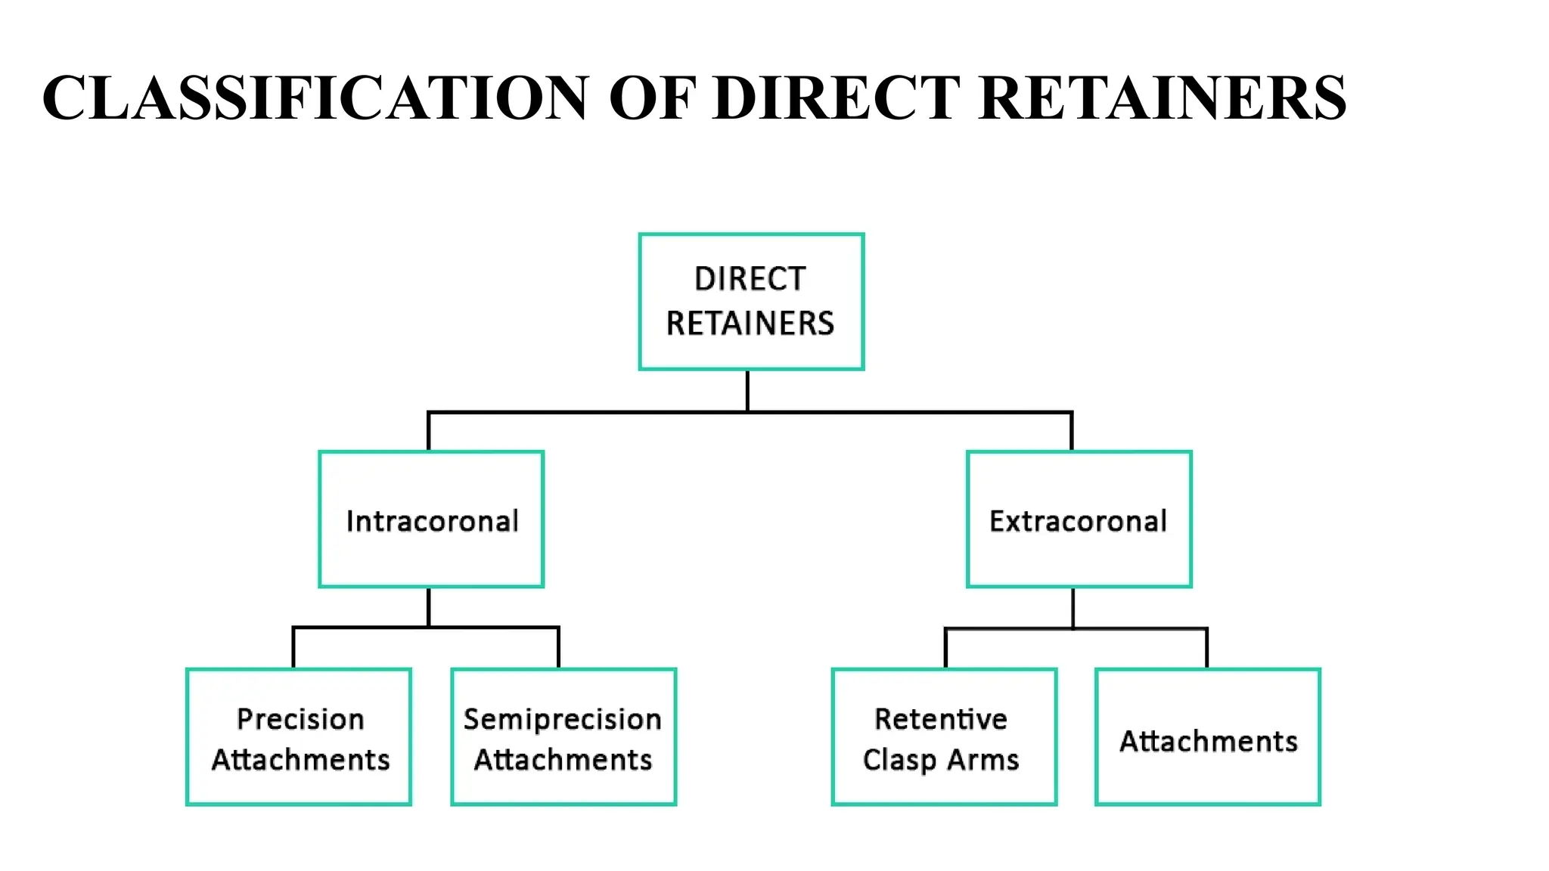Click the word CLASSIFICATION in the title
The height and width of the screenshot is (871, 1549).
tap(315, 98)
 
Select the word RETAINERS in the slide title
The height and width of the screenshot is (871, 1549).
tap(1163, 98)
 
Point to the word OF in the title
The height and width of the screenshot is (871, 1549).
tap(651, 98)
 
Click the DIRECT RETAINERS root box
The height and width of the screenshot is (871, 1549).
tap(751, 302)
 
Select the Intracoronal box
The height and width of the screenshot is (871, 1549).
tap(431, 519)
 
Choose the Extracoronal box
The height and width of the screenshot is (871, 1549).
tap(1079, 519)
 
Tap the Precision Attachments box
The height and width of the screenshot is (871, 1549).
tap(299, 736)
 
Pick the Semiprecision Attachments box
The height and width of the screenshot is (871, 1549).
tap(563, 736)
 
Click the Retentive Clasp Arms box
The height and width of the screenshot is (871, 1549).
tap(944, 736)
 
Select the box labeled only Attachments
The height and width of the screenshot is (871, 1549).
tap(1207, 736)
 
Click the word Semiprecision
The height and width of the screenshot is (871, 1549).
tap(562, 719)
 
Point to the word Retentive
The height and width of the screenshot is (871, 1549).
tap(941, 719)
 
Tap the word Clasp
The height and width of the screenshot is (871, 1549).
tap(899, 760)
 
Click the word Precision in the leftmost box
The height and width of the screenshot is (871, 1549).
tap(300, 719)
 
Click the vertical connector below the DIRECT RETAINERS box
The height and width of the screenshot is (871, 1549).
tap(747, 390)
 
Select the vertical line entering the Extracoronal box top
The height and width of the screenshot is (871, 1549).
tap(1072, 432)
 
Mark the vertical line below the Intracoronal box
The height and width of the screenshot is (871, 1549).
tap(429, 607)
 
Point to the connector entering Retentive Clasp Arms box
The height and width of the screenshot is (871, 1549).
tap(945, 648)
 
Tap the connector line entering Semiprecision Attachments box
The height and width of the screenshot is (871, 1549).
tap(558, 648)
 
